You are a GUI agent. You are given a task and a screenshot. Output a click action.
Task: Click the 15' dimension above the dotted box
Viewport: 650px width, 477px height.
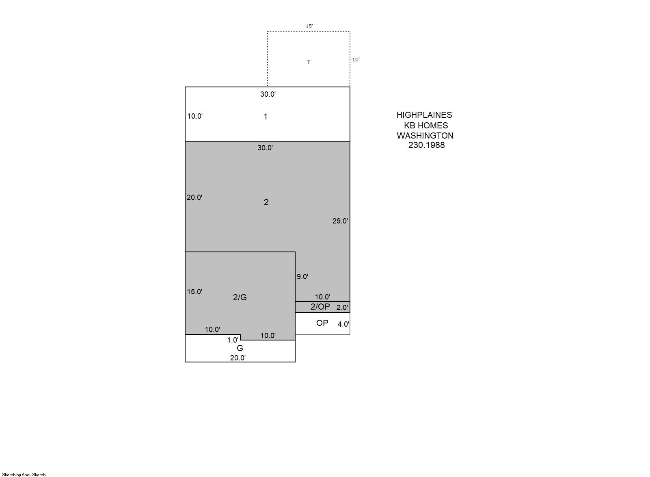point(309,26)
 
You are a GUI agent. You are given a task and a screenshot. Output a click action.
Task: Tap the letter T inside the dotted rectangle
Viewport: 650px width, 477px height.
point(309,63)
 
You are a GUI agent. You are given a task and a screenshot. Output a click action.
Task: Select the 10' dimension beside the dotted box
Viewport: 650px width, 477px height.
point(356,59)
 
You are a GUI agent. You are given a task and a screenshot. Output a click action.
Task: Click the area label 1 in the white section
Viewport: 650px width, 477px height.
point(265,117)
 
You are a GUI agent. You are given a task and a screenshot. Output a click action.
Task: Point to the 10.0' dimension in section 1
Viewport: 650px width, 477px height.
point(195,116)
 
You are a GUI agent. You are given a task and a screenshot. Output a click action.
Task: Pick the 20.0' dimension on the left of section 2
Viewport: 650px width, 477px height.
point(194,197)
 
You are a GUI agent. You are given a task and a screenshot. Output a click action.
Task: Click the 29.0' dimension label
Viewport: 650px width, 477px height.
point(340,221)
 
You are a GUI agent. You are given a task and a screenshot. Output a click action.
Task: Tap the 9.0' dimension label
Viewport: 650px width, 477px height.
point(302,277)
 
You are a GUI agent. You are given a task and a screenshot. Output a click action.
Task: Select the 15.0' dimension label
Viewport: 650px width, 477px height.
point(194,292)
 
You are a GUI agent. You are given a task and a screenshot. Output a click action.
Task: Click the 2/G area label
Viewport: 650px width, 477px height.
point(240,297)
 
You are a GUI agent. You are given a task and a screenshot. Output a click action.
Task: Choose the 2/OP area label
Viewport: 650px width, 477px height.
point(320,307)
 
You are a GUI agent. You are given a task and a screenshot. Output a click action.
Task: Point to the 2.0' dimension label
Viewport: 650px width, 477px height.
point(342,308)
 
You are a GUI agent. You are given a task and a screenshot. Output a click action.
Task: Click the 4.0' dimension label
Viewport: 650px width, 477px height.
point(343,324)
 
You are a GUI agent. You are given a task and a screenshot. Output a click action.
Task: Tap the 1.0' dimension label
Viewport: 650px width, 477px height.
point(233,340)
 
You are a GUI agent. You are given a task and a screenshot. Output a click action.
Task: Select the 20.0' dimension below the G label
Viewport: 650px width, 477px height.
point(238,358)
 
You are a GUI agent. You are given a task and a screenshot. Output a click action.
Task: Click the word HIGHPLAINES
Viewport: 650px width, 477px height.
point(424,115)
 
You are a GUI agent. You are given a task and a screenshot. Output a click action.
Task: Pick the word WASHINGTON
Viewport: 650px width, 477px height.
point(425,136)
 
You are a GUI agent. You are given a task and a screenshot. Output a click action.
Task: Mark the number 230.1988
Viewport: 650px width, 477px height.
point(427,145)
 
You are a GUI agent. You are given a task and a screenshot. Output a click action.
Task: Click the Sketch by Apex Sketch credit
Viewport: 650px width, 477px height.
point(24,475)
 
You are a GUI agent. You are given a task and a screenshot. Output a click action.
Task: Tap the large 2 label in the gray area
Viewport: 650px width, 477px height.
point(266,202)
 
